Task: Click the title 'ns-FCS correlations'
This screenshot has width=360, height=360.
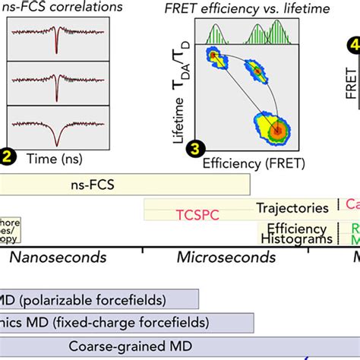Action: pyautogui.click(x=58, y=8)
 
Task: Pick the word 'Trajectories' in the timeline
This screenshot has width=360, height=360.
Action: pyautogui.click(x=292, y=207)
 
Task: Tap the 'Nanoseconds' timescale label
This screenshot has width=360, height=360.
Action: pyautogui.click(x=58, y=257)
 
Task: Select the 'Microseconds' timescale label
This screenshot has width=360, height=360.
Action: pyautogui.click(x=226, y=257)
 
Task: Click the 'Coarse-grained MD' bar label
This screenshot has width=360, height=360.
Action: pyautogui.click(x=141, y=346)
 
